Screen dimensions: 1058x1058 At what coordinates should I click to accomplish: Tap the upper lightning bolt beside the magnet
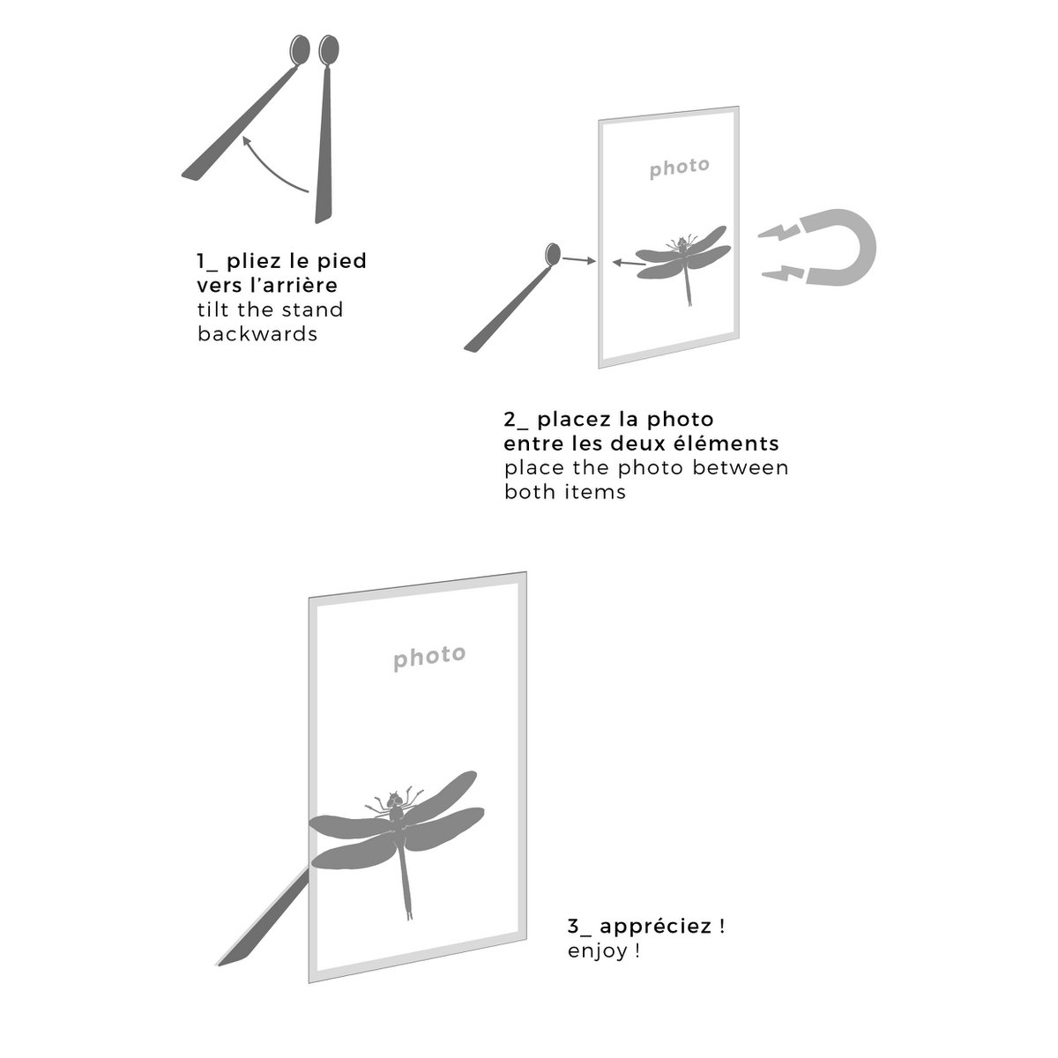pyautogui.click(x=778, y=232)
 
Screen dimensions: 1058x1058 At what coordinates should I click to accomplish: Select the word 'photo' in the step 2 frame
pyautogui.click(x=680, y=168)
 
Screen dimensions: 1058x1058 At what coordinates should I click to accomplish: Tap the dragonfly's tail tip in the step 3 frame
pyautogui.click(x=409, y=916)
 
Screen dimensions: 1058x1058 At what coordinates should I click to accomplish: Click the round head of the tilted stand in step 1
pyautogui.click(x=300, y=50)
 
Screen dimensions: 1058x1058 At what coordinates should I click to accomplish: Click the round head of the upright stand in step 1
pyautogui.click(x=328, y=50)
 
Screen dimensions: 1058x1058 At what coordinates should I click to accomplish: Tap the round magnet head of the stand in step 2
pyautogui.click(x=552, y=254)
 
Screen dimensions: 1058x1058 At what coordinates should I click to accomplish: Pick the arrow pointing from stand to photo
pyautogui.click(x=578, y=260)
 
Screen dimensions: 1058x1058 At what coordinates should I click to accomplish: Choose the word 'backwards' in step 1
pyautogui.click(x=257, y=334)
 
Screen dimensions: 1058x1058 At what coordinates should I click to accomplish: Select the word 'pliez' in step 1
pyautogui.click(x=255, y=261)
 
